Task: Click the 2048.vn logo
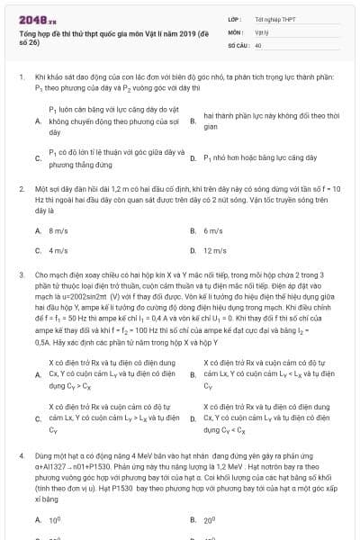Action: click(37, 17)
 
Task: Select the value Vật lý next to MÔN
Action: click(263, 31)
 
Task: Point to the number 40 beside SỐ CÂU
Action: click(258, 43)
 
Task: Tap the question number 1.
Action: click(21, 78)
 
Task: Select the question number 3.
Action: click(21, 271)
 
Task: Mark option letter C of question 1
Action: click(38, 157)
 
